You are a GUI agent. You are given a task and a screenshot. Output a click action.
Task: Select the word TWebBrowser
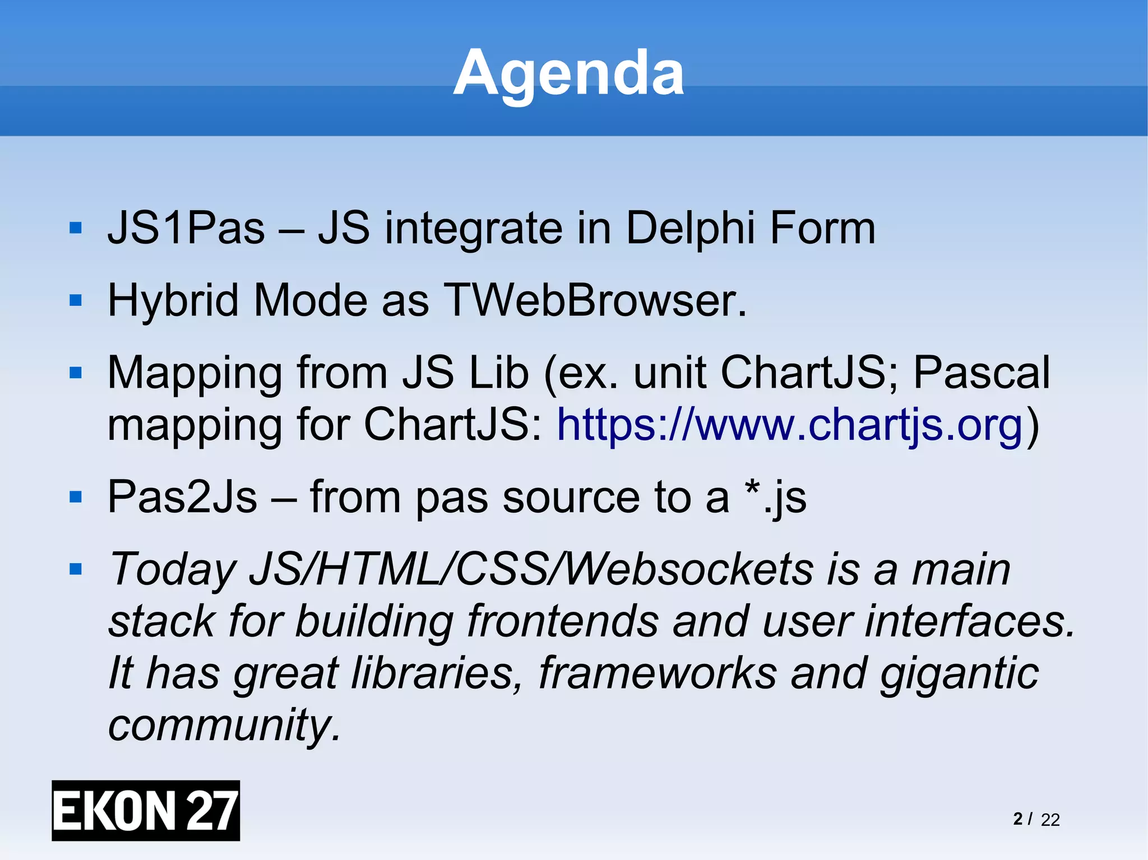(595, 301)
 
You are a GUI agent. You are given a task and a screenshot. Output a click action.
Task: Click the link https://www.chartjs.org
(790, 425)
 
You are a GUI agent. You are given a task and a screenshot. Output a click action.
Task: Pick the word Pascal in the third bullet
(982, 373)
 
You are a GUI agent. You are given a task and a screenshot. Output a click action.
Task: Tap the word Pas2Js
(183, 497)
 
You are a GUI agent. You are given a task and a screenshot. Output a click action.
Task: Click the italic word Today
(173, 570)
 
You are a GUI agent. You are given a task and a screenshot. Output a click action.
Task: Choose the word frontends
(563, 621)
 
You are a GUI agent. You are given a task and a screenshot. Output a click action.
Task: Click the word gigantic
(959, 673)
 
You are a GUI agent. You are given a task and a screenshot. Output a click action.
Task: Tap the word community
(224, 724)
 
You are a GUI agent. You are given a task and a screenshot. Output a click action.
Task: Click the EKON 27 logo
(146, 810)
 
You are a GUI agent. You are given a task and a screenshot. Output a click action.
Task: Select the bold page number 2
(1018, 819)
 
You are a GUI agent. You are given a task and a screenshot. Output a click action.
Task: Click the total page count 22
(1050, 820)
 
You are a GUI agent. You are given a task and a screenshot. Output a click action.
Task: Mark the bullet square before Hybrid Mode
(76, 301)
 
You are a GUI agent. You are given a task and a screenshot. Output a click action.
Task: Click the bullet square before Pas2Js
(76, 497)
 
